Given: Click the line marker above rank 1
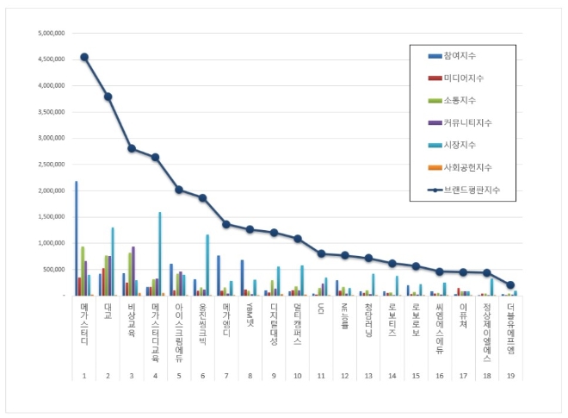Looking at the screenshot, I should click(x=84, y=57).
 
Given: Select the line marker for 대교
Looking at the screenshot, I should click(x=108, y=97).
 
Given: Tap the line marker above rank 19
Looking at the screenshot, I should click(x=510, y=285).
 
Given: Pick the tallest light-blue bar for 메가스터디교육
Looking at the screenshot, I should click(x=159, y=253).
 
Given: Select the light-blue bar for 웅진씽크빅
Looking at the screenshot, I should click(x=207, y=265).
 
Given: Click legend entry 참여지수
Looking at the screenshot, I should click(x=460, y=56).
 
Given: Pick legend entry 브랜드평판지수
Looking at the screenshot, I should click(x=472, y=190).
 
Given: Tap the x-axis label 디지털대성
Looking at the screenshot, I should click(x=274, y=323).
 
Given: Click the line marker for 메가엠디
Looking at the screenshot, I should click(x=226, y=224).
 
